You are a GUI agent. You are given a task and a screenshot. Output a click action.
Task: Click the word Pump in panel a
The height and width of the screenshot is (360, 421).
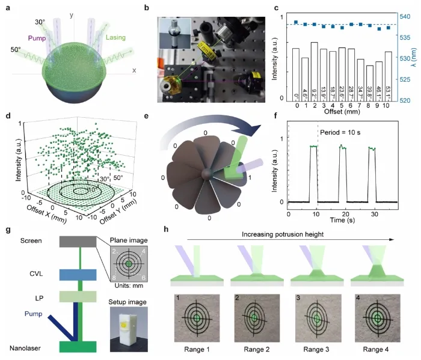click(52, 41)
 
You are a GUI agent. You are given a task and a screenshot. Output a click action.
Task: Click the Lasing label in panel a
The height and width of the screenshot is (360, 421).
click(118, 38)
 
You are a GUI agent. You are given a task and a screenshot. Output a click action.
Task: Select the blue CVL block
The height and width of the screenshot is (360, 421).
click(78, 275)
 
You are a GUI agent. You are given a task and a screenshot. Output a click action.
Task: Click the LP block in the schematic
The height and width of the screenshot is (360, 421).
click(78, 297)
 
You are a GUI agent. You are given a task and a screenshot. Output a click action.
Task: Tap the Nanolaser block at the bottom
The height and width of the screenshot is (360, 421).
click(78, 347)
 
